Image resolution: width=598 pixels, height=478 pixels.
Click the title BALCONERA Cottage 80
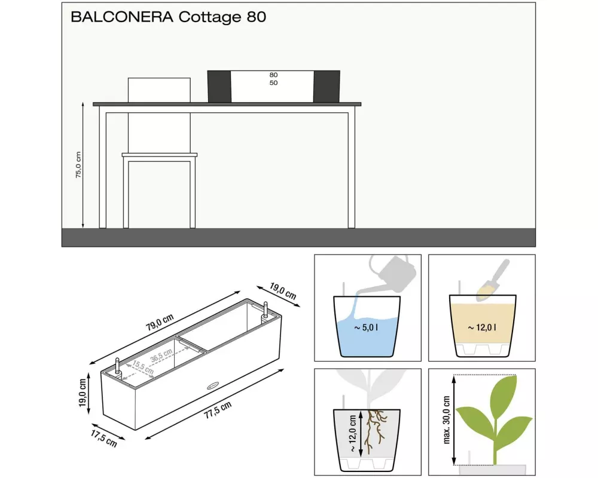pyautogui.click(x=168, y=17)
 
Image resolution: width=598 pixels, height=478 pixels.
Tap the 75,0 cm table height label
pyautogui.click(x=78, y=165)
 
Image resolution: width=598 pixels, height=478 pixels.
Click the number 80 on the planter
pyautogui.click(x=273, y=75)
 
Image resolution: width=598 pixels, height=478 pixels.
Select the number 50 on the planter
pyautogui.click(x=273, y=82)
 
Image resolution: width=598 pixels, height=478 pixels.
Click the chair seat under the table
pyautogui.click(x=160, y=155)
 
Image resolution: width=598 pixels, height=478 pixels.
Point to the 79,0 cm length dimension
pyautogui.click(x=160, y=322)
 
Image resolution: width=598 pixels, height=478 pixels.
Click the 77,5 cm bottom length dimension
pyautogui.click(x=218, y=410)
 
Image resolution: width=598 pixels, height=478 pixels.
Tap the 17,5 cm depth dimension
pyautogui.click(x=103, y=438)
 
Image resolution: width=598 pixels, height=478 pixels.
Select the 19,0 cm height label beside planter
pyautogui.click(x=83, y=393)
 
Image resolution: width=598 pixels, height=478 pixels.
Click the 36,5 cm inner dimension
pyautogui.click(x=161, y=356)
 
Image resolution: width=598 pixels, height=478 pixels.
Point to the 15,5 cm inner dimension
pyautogui.click(x=143, y=367)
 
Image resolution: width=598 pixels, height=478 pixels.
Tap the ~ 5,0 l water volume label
pyautogui.click(x=366, y=327)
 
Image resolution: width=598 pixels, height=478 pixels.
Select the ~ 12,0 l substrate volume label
pyautogui.click(x=483, y=327)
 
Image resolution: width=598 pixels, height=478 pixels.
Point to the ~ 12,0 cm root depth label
pyautogui.click(x=352, y=433)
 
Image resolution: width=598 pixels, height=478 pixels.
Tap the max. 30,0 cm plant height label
pyautogui.click(x=447, y=420)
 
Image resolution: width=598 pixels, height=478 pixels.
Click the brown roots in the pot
pyautogui.click(x=376, y=431)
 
